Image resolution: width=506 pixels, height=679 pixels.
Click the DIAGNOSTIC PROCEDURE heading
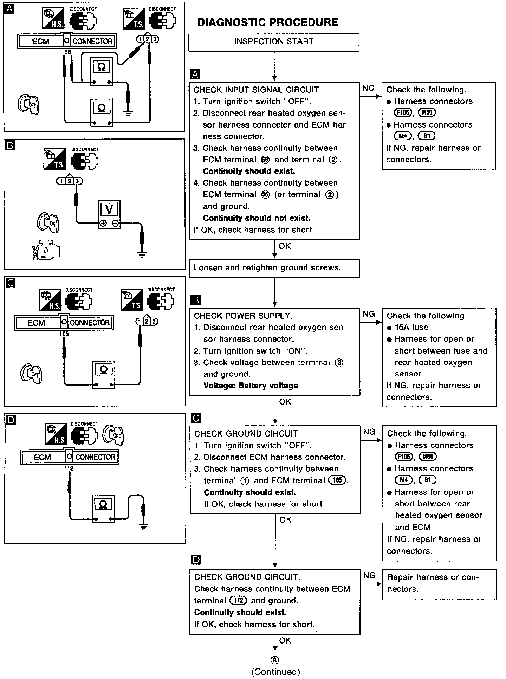[268, 22]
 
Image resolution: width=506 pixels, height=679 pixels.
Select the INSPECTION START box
[274, 42]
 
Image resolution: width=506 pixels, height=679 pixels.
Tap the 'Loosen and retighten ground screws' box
[274, 268]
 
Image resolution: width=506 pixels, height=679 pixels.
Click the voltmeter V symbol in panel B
[109, 209]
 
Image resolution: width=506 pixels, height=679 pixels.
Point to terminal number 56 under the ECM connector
[67, 52]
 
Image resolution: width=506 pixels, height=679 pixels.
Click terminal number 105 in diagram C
[64, 334]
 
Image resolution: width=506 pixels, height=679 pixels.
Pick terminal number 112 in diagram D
[69, 468]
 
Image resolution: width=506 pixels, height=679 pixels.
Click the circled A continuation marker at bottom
[275, 660]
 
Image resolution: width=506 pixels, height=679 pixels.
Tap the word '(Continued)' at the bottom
[275, 672]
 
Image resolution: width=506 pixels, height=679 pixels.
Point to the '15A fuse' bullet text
[411, 327]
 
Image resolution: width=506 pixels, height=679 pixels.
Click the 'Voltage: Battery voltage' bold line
[251, 386]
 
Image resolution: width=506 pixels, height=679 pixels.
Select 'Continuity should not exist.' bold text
[257, 218]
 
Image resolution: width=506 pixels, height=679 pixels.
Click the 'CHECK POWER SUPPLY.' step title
[243, 316]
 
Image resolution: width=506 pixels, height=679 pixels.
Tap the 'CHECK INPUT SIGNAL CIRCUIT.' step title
[257, 90]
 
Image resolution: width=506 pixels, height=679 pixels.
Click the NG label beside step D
[369, 575]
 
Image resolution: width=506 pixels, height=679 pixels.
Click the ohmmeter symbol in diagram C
[103, 370]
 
